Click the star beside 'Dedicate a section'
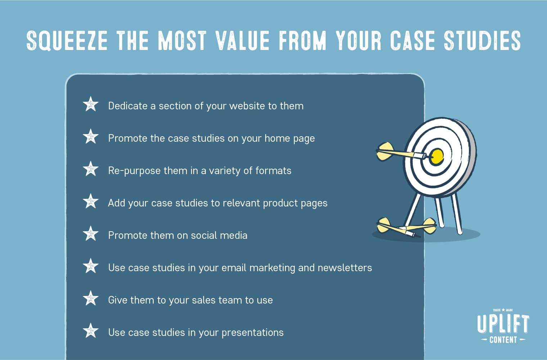(91, 104)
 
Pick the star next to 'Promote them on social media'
(91, 234)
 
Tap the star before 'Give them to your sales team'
(91, 299)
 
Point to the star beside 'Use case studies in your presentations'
(91, 331)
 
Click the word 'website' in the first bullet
(247, 106)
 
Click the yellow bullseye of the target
(437, 156)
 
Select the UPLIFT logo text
(503, 324)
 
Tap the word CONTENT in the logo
(503, 340)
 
